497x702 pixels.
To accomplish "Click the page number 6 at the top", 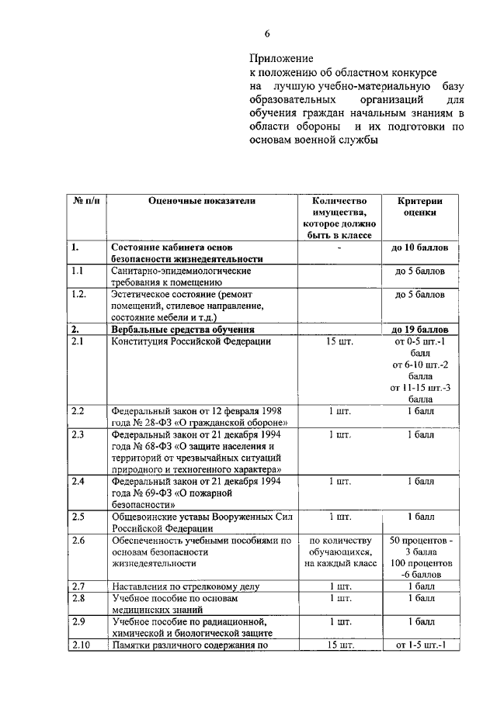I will tap(267, 34).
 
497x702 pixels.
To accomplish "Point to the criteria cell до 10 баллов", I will tap(420, 248).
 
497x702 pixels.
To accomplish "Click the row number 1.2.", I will tap(78, 295).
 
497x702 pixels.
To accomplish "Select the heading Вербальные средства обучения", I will tap(183, 330).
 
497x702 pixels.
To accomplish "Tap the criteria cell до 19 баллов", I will tap(420, 330).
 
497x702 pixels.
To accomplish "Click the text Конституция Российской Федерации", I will tap(191, 341).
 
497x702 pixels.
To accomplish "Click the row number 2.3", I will tap(78, 435).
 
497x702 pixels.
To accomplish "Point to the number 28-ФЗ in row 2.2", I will tap(158, 423).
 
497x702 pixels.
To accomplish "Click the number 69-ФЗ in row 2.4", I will tap(158, 493).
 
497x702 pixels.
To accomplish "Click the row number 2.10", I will tap(80, 645).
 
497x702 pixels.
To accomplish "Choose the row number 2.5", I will tap(78, 517).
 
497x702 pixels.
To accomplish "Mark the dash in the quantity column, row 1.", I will tap(340, 248).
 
